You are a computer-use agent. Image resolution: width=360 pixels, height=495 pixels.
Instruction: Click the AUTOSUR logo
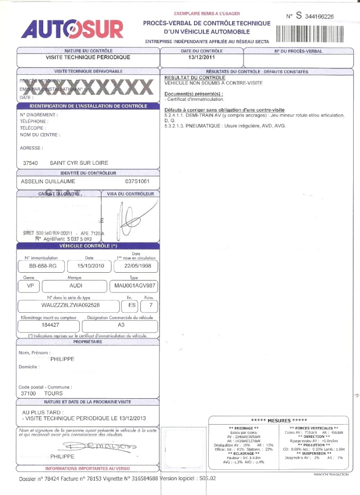tap(72, 30)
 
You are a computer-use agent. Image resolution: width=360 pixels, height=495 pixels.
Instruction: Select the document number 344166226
tap(319, 17)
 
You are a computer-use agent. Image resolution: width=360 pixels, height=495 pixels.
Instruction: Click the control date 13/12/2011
tap(202, 58)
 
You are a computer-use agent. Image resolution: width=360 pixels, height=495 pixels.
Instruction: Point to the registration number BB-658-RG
tap(40, 266)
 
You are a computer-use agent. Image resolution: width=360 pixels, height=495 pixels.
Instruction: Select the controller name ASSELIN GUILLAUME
tap(48, 181)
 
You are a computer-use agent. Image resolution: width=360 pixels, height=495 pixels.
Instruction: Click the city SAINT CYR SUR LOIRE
tap(79, 163)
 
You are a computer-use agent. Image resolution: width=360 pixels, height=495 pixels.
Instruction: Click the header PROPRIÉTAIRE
tap(88, 342)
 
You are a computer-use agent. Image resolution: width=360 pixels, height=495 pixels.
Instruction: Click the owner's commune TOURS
tap(54, 393)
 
